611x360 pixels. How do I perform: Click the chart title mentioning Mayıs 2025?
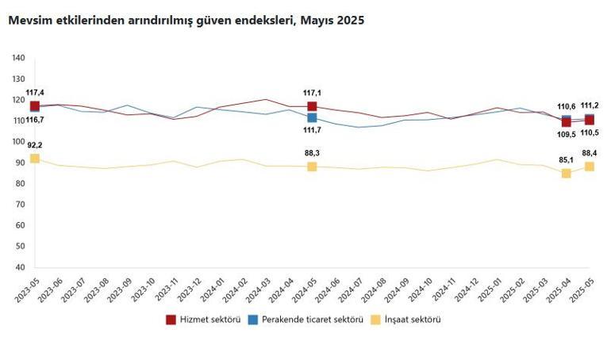[186, 21]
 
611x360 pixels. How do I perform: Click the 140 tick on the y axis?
[18, 58]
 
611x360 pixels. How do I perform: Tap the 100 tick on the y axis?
[18, 142]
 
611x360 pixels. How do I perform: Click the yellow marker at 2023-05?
[35, 159]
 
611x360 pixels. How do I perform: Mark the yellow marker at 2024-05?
[312, 167]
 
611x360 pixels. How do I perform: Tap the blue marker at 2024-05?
[312, 117]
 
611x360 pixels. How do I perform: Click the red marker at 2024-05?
[312, 106]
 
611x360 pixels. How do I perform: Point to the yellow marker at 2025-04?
[567, 173]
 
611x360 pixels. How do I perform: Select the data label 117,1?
[312, 92]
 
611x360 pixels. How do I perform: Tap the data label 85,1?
[567, 159]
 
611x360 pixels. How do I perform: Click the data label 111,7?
[312, 130]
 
